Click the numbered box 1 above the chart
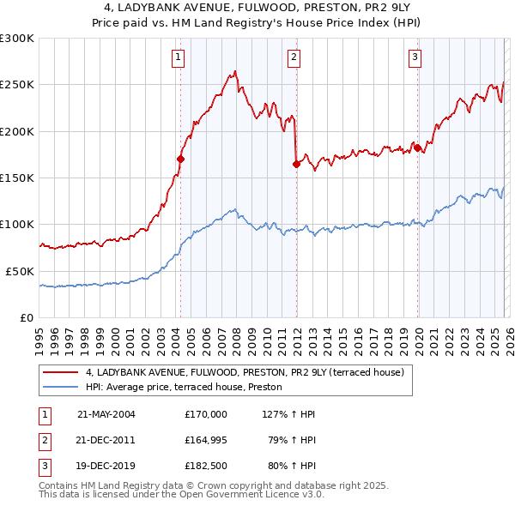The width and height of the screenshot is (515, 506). point(178,57)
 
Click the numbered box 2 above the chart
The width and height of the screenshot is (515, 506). point(294,57)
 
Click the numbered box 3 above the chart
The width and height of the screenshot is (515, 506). point(415,57)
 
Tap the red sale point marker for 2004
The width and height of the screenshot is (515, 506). point(181,159)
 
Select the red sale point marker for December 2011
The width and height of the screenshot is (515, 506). point(296,164)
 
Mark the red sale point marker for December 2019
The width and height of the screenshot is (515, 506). point(418,148)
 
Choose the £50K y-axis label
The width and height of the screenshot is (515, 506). point(21,270)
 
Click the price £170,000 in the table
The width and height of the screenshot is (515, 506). point(205,414)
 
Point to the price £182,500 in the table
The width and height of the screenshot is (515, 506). point(205,468)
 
